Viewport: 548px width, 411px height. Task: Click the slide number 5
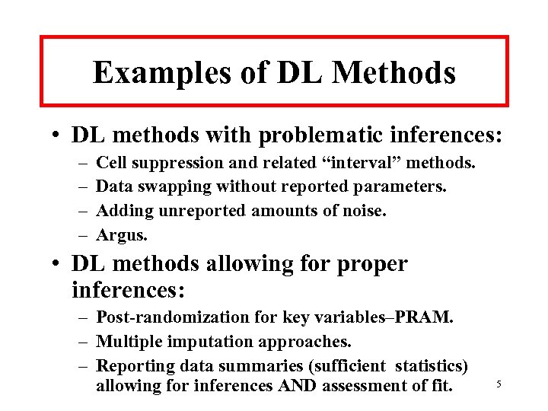pyautogui.click(x=499, y=384)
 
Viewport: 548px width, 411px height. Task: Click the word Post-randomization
pyautogui.click(x=164, y=316)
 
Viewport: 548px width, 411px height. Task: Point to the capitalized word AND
pyautogui.click(x=296, y=386)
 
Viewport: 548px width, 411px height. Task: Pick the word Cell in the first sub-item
pyautogui.click(x=113, y=162)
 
